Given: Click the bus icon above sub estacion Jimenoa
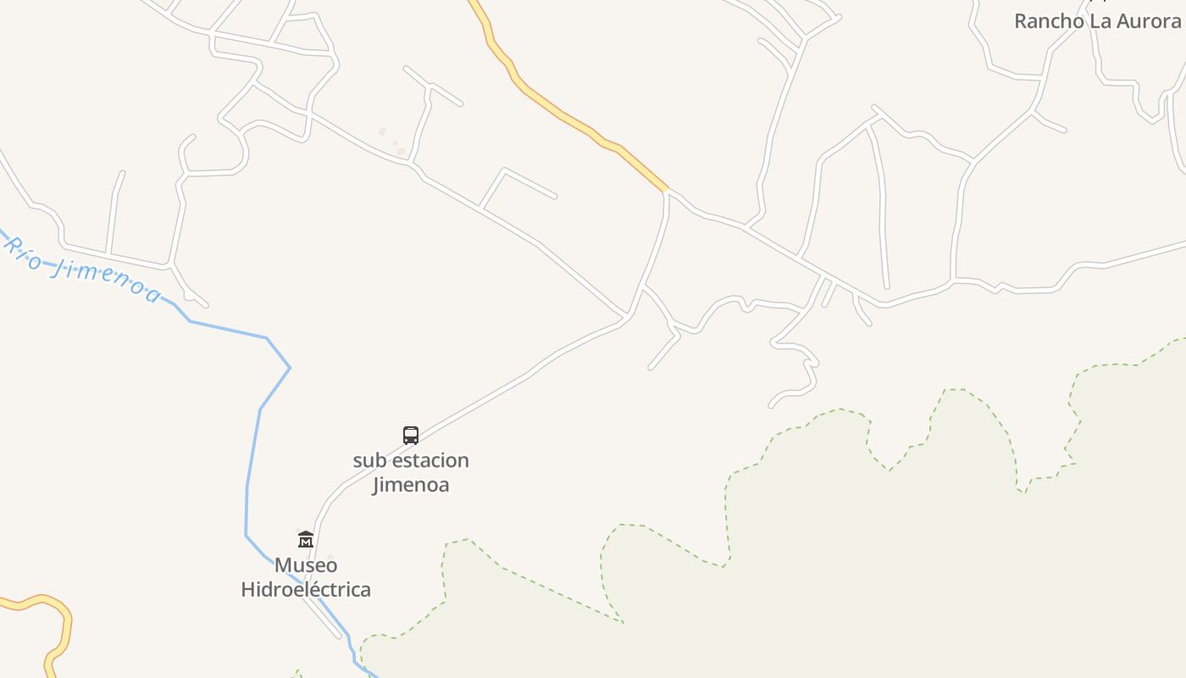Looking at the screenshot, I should (x=411, y=436).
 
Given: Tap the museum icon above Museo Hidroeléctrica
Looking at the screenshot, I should (x=306, y=539).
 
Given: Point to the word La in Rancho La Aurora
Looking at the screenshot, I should (x=1100, y=21).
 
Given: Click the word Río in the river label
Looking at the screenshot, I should (x=24, y=253).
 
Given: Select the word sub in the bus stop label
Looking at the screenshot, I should (x=369, y=461).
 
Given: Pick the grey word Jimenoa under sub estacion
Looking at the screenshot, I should (x=411, y=485).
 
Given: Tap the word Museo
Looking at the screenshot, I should (x=306, y=565).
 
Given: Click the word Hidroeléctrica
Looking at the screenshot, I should (x=306, y=589).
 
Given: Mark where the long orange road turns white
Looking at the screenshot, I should (x=667, y=190).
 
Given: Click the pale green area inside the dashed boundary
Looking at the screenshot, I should (x=847, y=576).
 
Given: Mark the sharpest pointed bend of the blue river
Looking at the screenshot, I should (x=289, y=367).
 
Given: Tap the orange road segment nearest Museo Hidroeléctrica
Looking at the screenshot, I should (x=64, y=619).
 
